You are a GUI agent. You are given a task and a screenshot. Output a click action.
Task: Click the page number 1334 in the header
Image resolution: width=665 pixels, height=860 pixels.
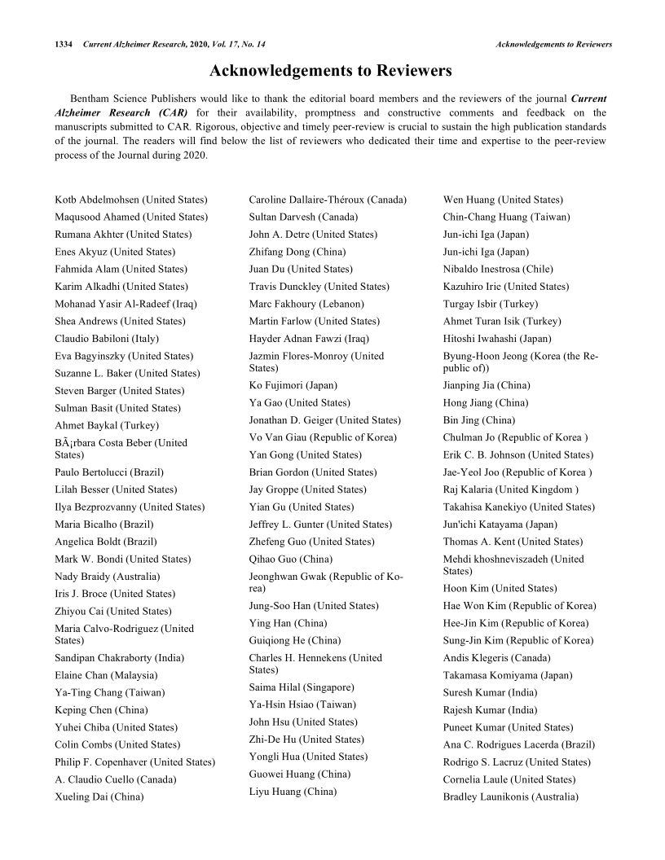[x=65, y=43]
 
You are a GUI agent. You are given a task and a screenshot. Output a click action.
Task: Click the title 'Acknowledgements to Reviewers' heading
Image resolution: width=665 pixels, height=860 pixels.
[x=331, y=71]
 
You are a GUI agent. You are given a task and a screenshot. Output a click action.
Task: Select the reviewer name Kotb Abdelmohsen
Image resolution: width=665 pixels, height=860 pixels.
[x=131, y=200]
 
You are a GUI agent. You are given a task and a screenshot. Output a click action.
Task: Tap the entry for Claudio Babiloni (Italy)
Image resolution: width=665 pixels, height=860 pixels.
[x=107, y=338]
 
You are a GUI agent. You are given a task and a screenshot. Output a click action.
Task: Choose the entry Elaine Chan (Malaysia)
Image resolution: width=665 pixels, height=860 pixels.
[x=106, y=675]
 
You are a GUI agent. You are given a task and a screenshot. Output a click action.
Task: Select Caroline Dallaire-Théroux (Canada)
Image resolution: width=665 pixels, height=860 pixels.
[x=328, y=200]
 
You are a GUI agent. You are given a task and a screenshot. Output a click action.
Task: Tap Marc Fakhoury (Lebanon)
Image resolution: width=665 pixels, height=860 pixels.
[x=306, y=304]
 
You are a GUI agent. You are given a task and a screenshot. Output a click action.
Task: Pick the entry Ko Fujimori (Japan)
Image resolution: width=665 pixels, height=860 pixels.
[x=293, y=385]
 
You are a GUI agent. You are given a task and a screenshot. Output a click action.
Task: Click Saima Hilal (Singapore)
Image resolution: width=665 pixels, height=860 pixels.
[x=302, y=687]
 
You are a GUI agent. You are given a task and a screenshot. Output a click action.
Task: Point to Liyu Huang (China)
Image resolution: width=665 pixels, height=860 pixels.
[x=293, y=792]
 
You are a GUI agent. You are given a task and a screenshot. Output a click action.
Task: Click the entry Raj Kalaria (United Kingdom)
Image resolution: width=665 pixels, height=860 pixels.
[x=511, y=489]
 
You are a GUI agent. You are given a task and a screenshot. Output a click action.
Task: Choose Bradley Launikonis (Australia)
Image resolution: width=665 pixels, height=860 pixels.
[x=510, y=796]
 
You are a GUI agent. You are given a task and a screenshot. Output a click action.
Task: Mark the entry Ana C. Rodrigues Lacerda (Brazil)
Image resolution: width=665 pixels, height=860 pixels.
[x=518, y=744]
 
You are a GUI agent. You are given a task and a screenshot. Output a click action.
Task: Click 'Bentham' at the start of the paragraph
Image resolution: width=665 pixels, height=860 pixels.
[x=90, y=99]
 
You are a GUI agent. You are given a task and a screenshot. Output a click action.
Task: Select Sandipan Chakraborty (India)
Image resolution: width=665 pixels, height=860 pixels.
[x=120, y=658]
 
